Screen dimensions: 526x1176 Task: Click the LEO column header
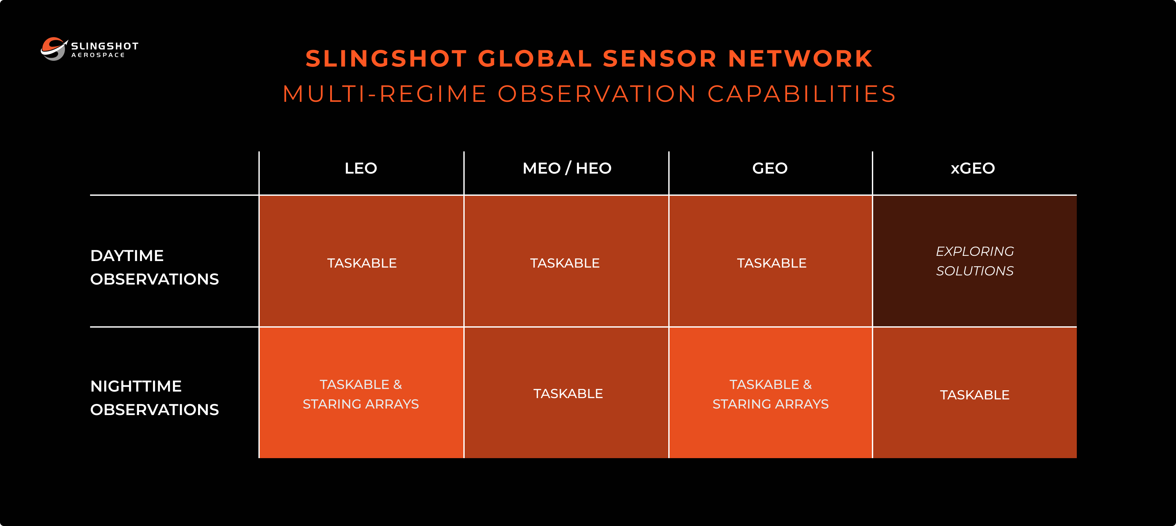click(x=361, y=168)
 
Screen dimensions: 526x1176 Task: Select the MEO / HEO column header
click(x=566, y=168)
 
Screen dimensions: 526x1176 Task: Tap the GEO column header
click(x=770, y=168)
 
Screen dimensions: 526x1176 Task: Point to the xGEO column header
click(x=972, y=168)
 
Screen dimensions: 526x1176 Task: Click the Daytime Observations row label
click(x=154, y=267)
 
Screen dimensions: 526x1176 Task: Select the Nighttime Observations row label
click(x=154, y=398)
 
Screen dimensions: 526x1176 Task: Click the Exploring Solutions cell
click(x=974, y=261)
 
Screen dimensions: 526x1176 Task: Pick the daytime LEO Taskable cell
click(x=362, y=263)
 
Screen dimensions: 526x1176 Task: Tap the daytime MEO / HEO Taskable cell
click(x=565, y=263)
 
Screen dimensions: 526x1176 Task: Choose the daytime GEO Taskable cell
click(x=771, y=263)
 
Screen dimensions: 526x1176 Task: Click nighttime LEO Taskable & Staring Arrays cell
click(x=361, y=394)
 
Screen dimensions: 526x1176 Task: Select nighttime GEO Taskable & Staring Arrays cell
click(x=771, y=394)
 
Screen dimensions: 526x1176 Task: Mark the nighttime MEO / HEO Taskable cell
click(x=568, y=394)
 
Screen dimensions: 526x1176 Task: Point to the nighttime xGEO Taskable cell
click(x=974, y=395)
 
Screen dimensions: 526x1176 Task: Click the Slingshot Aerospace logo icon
click(x=54, y=48)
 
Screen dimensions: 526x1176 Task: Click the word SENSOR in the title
click(x=659, y=59)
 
